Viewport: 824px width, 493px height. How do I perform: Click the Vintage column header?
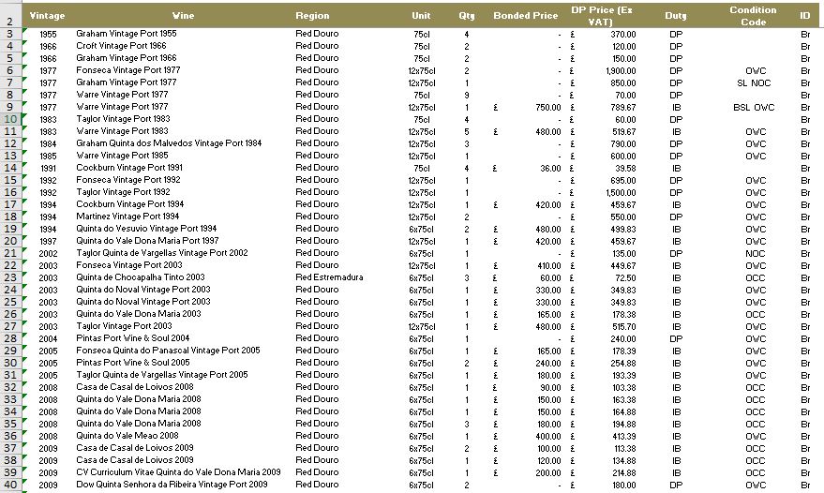point(47,16)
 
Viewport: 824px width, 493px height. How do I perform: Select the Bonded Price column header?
point(525,16)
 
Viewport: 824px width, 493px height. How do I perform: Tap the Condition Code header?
point(753,16)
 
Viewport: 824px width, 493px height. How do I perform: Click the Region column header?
point(312,16)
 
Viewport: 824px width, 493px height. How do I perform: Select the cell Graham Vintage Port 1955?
point(126,34)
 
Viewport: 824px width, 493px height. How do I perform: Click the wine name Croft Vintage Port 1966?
point(122,46)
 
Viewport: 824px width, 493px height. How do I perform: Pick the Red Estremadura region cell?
point(328,277)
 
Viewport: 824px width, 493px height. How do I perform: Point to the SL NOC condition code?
point(754,82)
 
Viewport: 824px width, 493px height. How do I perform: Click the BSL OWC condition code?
point(754,107)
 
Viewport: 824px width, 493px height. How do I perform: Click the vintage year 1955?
point(49,34)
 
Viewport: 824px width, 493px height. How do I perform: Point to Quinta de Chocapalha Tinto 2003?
point(140,277)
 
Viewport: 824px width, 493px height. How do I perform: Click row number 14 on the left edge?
point(9,168)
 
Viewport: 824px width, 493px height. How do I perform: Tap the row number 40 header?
point(9,485)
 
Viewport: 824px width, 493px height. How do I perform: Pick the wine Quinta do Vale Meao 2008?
point(127,436)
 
